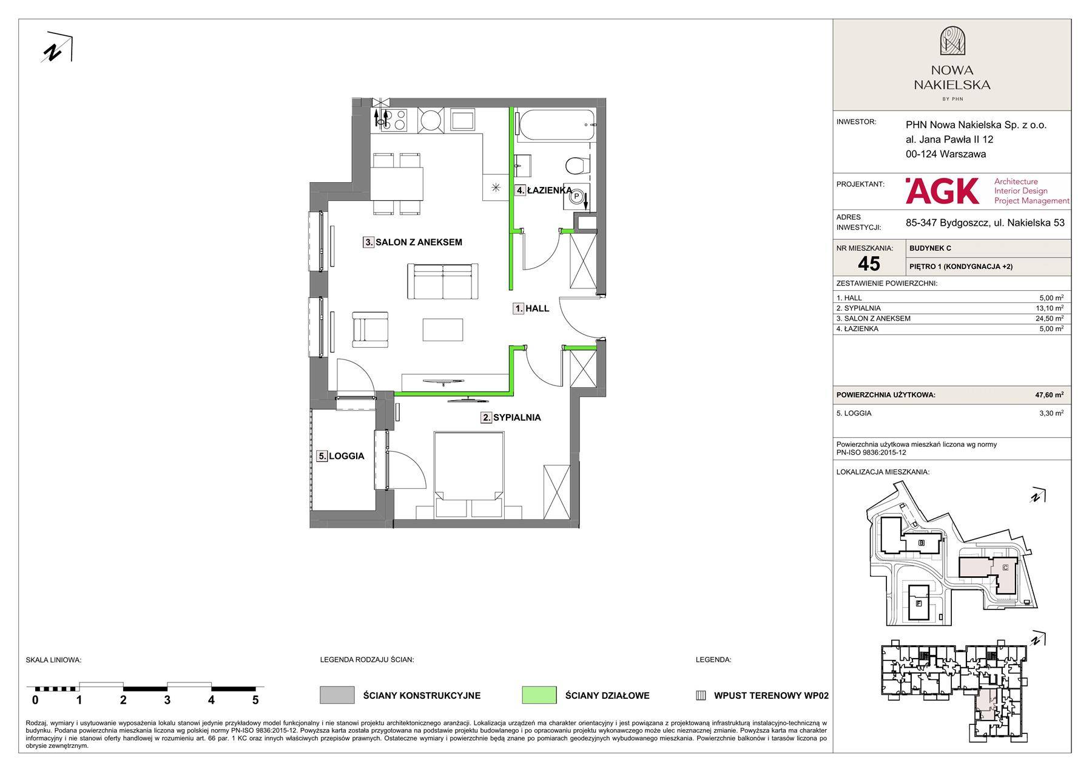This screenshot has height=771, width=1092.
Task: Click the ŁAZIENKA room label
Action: (x=544, y=191)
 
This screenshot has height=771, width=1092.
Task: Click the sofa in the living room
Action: (x=443, y=282)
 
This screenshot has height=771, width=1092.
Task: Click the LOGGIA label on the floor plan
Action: (x=341, y=456)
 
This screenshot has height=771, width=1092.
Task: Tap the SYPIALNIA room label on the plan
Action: (x=511, y=418)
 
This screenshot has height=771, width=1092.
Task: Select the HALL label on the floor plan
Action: (x=531, y=308)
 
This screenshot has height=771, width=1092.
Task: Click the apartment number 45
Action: (x=869, y=263)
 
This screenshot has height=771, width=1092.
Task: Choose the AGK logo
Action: (x=942, y=191)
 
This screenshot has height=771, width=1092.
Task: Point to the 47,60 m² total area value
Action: (x=1049, y=395)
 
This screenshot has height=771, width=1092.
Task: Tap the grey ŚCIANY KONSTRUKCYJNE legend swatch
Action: (x=337, y=695)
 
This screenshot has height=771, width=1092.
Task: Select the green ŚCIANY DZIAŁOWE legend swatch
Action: (x=539, y=695)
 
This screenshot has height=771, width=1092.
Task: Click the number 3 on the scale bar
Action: (x=167, y=700)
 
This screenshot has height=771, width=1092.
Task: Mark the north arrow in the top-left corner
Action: (x=57, y=47)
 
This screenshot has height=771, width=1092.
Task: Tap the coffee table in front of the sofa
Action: (x=443, y=330)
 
